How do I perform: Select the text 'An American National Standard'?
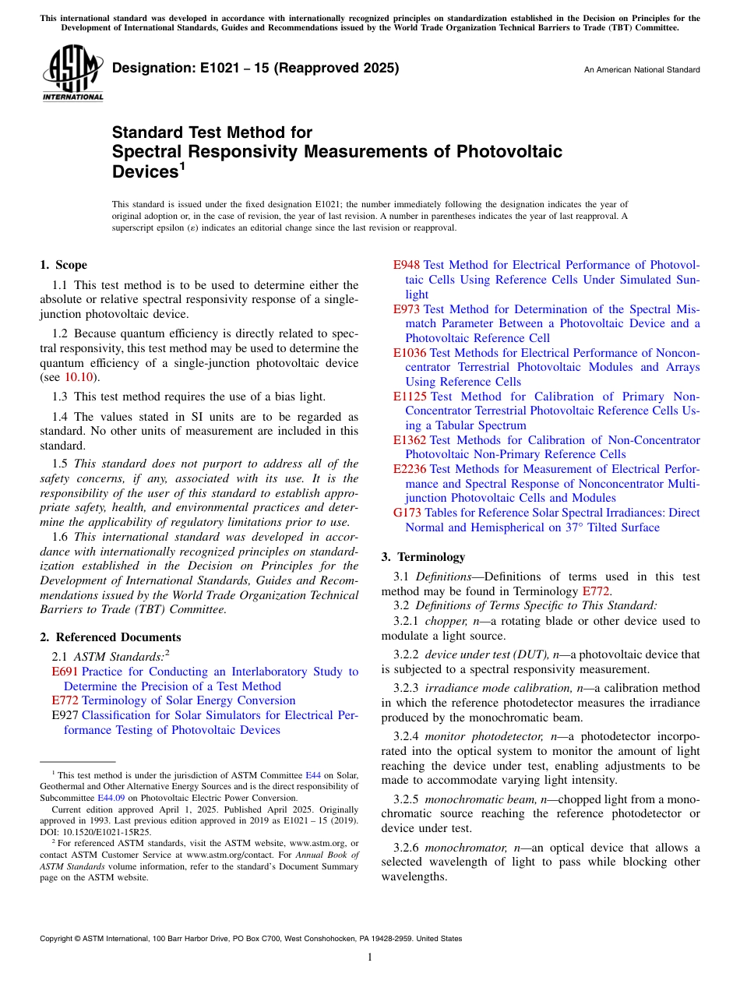point(642,70)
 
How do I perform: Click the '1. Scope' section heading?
point(64,265)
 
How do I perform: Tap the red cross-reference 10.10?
point(78,378)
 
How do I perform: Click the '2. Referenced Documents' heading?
point(111,637)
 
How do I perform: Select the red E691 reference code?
point(65,672)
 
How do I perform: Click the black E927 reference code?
point(65,715)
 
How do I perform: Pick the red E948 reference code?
point(407,265)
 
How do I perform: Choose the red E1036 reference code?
point(410,353)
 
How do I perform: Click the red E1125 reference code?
point(410,397)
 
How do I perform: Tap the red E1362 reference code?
point(410,440)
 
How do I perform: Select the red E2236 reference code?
point(410,469)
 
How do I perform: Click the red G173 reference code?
point(407,513)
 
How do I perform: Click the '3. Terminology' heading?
point(422,557)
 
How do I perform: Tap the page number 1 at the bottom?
point(370,957)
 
